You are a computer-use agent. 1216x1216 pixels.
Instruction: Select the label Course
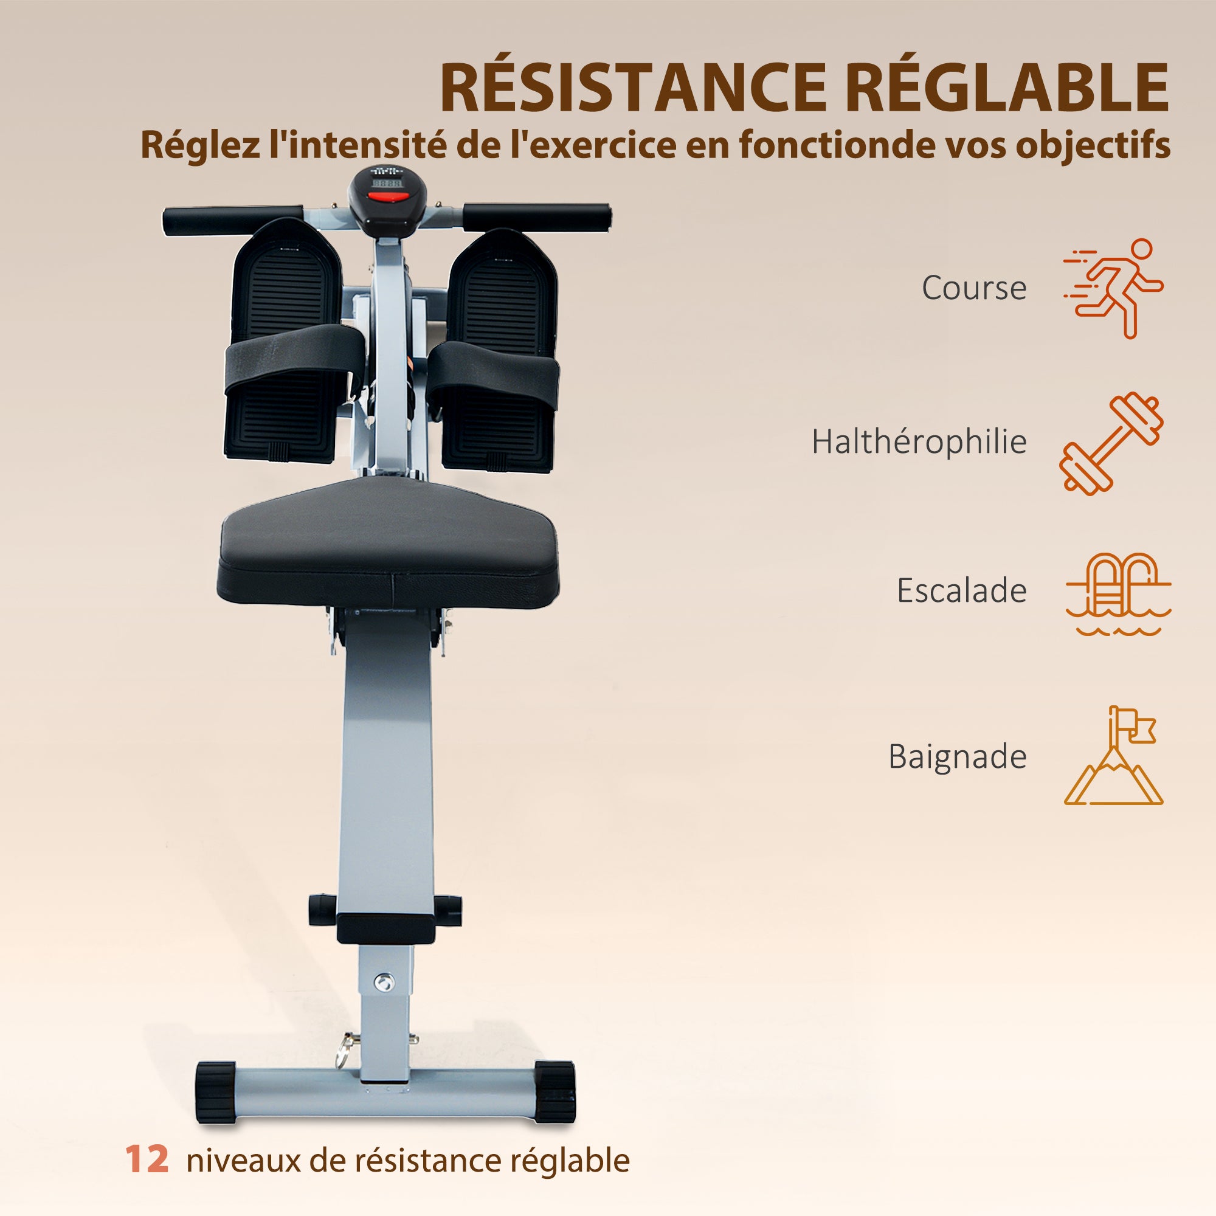(x=973, y=289)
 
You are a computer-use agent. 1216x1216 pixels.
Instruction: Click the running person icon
(x=1113, y=288)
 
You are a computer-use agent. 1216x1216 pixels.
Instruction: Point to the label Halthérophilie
(x=919, y=441)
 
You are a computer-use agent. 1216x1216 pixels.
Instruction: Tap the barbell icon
(x=1111, y=443)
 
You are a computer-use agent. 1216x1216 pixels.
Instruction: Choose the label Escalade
(x=961, y=590)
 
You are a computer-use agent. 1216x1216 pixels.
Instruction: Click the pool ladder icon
(x=1118, y=593)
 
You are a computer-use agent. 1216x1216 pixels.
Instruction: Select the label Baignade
(x=958, y=756)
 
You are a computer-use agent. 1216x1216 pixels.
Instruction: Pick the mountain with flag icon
(x=1113, y=755)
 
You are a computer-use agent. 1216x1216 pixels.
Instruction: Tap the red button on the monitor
(x=387, y=197)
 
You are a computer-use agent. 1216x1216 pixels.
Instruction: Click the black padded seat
(x=388, y=543)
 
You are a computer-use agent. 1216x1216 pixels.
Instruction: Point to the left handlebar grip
(x=233, y=219)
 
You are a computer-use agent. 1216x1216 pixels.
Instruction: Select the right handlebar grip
(x=536, y=217)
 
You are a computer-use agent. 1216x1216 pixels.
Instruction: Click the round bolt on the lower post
(x=383, y=981)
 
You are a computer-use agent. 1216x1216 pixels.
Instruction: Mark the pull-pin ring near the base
(x=344, y=1052)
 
